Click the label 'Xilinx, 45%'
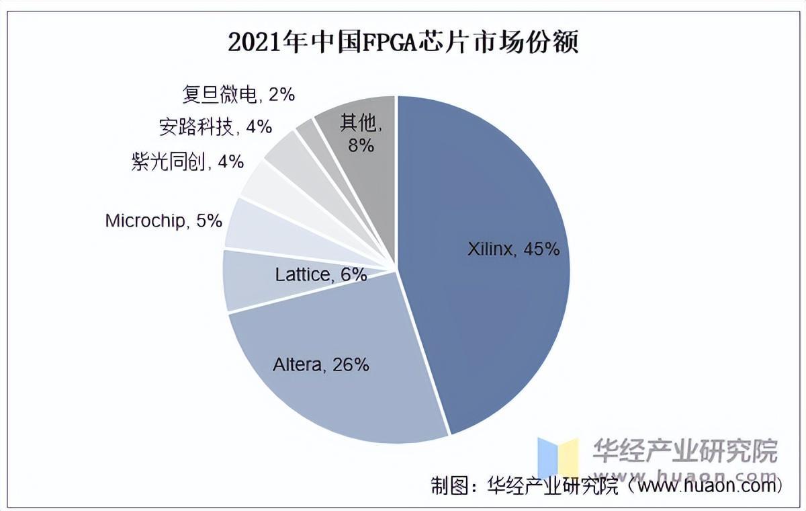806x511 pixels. (x=513, y=249)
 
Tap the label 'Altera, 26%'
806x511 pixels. (x=321, y=365)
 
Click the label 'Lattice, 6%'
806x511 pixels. (x=321, y=274)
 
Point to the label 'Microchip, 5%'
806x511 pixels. (x=163, y=221)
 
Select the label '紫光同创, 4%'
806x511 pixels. (x=187, y=162)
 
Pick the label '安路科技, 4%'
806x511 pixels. (x=215, y=126)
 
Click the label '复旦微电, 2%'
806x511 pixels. (x=238, y=95)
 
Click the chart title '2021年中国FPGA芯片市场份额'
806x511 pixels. (x=403, y=43)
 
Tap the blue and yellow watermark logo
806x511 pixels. (x=557, y=457)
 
